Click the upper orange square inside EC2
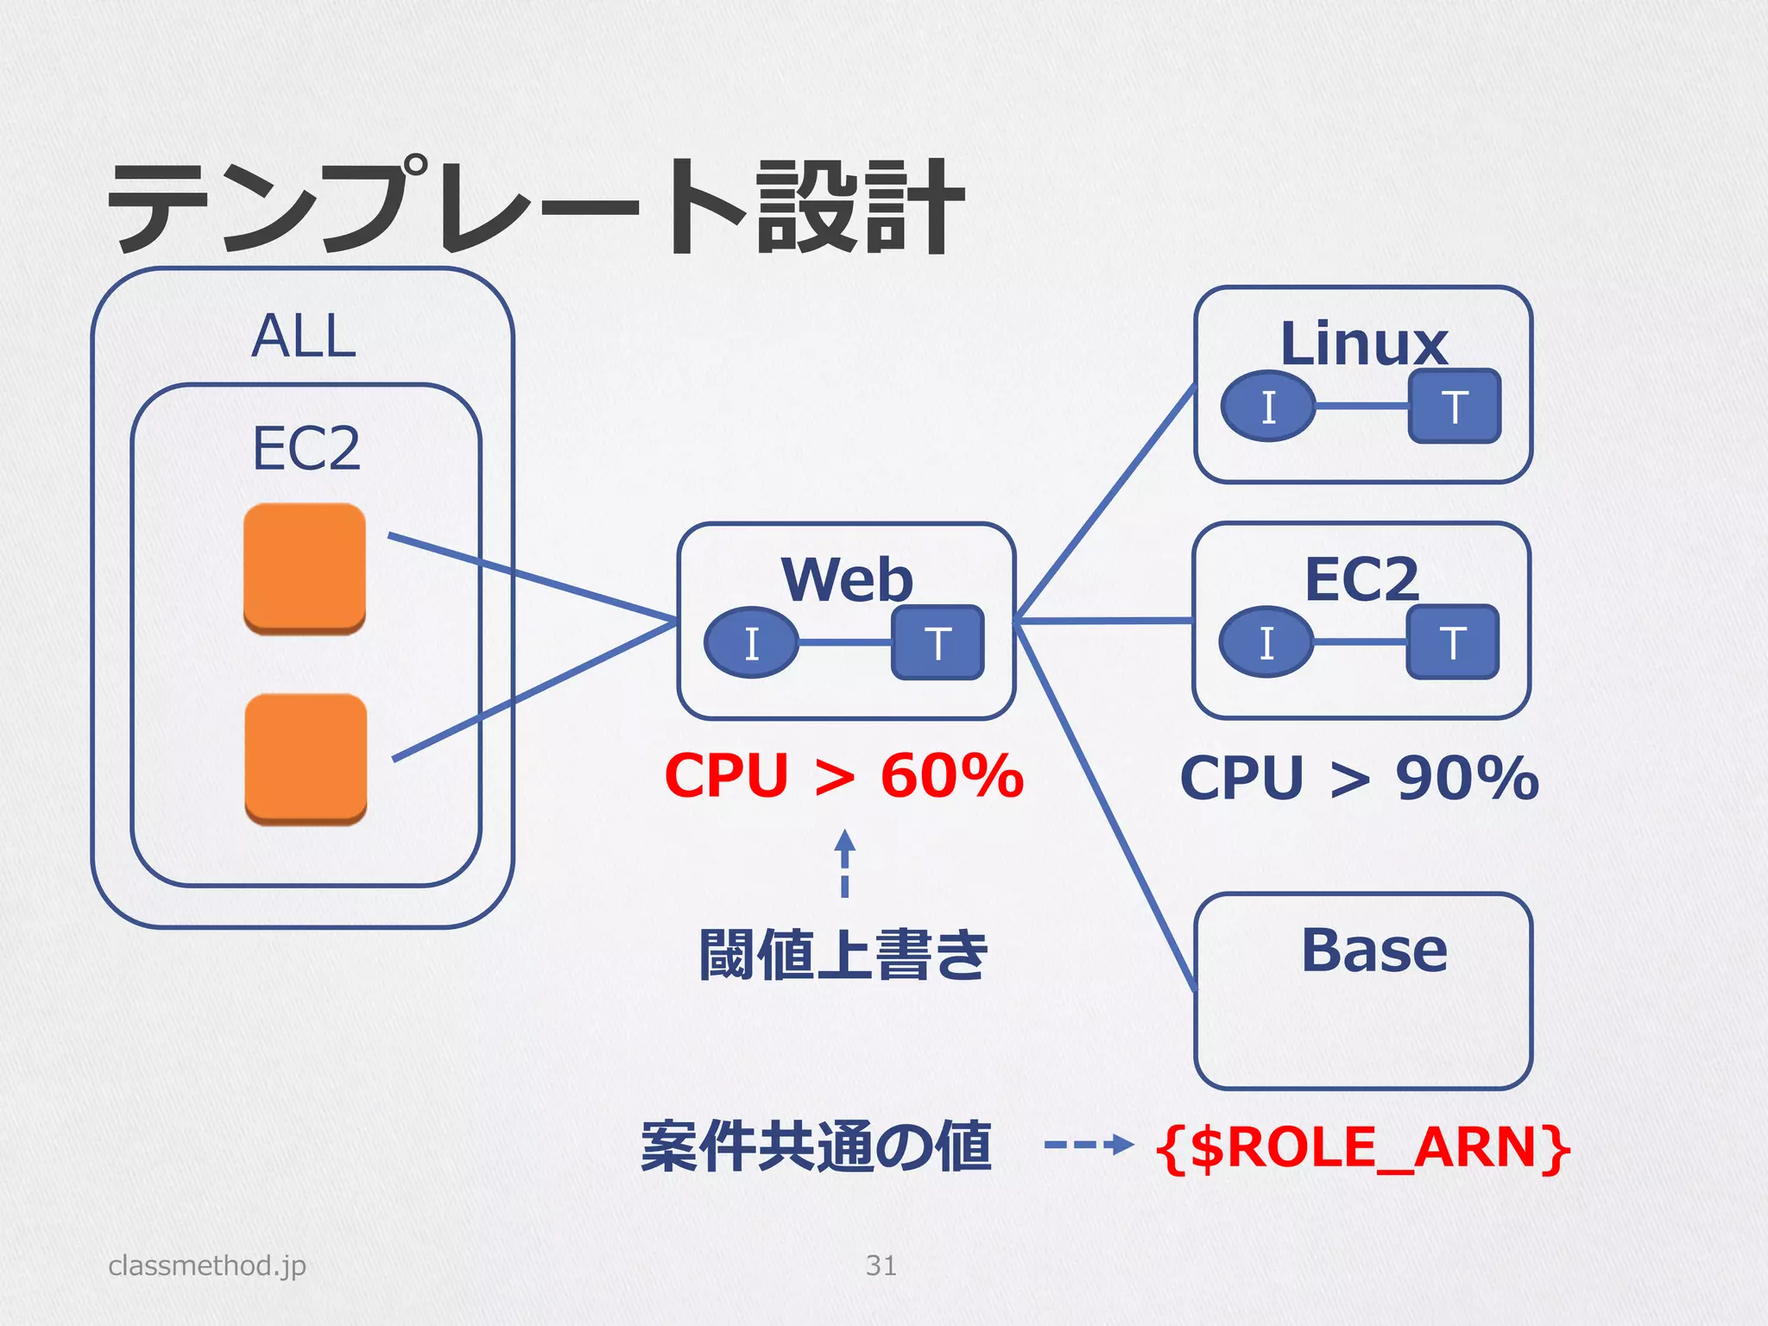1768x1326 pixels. pos(305,569)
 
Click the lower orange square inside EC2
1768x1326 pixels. pos(306,759)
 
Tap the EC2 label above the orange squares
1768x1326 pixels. pos(306,448)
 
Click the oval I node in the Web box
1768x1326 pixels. pos(751,643)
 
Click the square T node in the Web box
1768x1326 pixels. pos(938,643)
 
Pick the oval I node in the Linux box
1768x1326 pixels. pos(1268,407)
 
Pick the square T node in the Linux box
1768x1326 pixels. pos(1455,407)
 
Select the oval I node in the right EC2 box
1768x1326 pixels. pos(1266,642)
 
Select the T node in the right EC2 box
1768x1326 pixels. pos(1453,642)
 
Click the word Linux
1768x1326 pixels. pos(1364,344)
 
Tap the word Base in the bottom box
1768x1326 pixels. pos(1373,950)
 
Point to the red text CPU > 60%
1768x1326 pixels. pos(843,775)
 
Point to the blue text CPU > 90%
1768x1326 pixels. pos(1360,778)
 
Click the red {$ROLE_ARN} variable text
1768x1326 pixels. pos(1363,1148)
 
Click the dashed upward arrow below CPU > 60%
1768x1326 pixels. pos(845,863)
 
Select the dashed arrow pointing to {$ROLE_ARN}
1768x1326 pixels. pos(1088,1146)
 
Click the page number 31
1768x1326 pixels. pos(881,1266)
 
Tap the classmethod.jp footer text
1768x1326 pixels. pos(207,1266)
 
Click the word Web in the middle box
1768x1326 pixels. pos(847,579)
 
